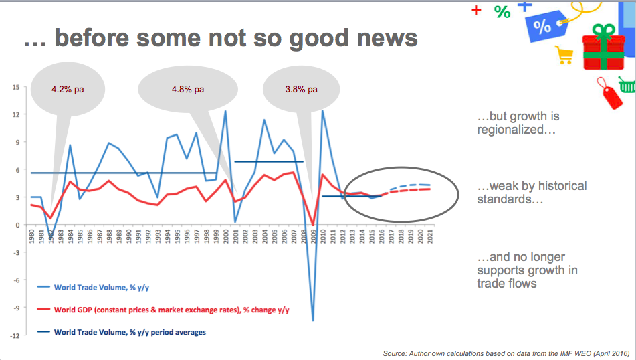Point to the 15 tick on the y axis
(15, 87)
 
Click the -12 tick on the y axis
(14, 336)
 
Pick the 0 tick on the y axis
(17, 225)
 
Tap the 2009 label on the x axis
(314, 238)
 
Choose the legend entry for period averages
(129, 331)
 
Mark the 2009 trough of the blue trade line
(313, 321)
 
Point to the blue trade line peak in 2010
(323, 111)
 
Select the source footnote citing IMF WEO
(506, 353)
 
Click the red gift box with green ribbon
(603, 48)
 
